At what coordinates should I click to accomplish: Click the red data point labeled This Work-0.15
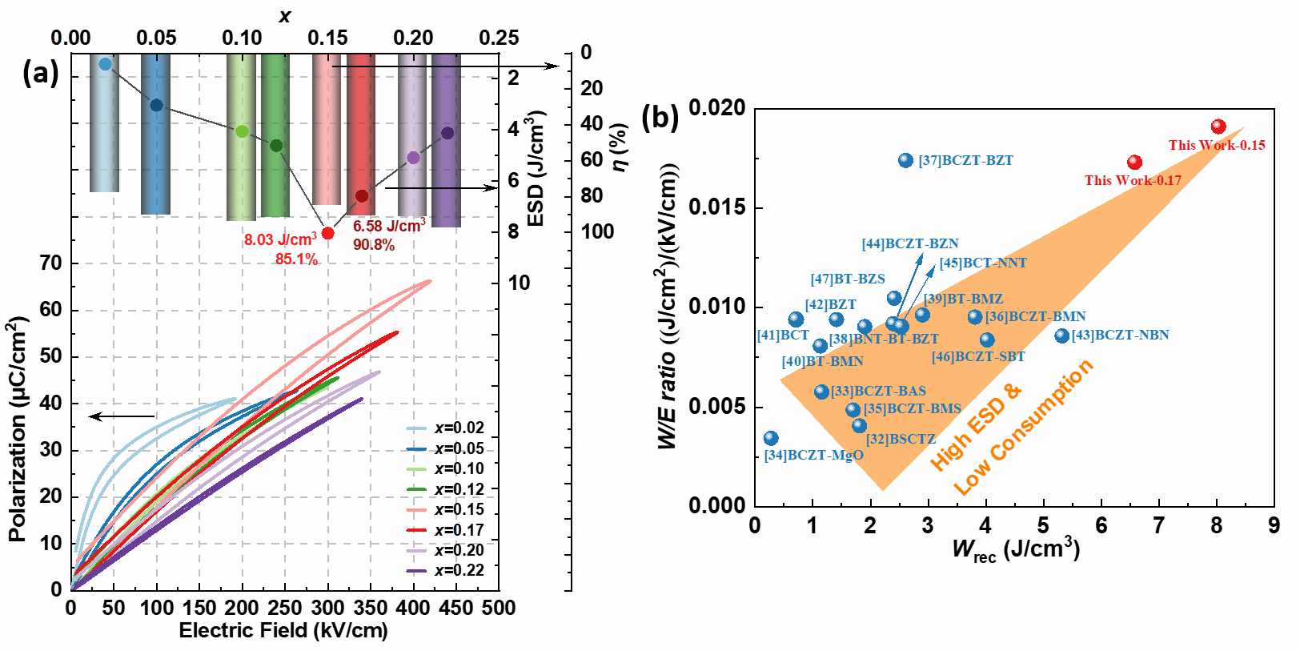tap(1218, 127)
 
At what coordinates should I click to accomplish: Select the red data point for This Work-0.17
tap(1134, 163)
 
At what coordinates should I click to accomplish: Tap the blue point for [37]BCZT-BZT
tap(905, 160)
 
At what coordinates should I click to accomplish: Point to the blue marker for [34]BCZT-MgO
tap(771, 438)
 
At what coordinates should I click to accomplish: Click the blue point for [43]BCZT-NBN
tap(1061, 336)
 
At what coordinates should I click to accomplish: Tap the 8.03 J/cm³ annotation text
tap(280, 240)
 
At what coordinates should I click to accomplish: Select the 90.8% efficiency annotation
tap(374, 245)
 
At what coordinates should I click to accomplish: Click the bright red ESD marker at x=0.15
tap(327, 233)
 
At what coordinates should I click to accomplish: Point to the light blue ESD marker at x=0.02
tap(105, 64)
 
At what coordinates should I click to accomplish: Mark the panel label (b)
tap(660, 118)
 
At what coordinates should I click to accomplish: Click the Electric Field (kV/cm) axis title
tap(283, 631)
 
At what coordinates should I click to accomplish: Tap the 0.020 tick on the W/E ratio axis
tap(716, 108)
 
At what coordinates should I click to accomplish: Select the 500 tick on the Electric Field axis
tap(498, 608)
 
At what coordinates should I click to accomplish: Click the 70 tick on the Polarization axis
tap(50, 263)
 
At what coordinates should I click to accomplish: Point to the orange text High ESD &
tap(976, 427)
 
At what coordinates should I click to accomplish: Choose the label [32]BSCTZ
tap(901, 440)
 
